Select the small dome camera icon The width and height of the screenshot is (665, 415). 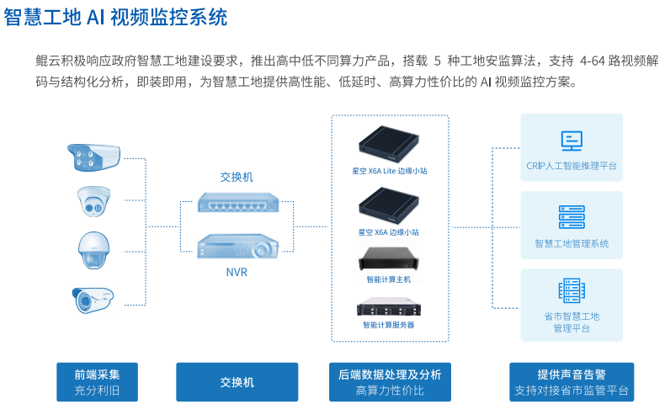pos(93,200)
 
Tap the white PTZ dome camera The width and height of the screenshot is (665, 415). pos(93,248)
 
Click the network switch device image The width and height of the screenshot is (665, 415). pos(237,203)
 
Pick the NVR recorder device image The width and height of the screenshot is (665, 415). pos(237,245)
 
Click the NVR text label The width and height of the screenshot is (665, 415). pos(237,272)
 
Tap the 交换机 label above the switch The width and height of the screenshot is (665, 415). pos(237,177)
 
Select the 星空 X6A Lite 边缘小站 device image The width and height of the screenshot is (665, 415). pos(389,143)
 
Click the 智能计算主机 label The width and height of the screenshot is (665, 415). pos(389,279)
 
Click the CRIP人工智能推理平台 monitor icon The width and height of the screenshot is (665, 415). pos(572,141)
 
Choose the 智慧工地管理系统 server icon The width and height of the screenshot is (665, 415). pos(572,217)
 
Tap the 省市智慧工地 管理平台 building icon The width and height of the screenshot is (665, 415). pos(572,291)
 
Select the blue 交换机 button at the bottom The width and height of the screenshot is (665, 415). pos(237,382)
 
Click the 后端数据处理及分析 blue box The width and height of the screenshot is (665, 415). pos(389,382)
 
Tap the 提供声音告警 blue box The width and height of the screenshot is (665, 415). pos(572,382)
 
